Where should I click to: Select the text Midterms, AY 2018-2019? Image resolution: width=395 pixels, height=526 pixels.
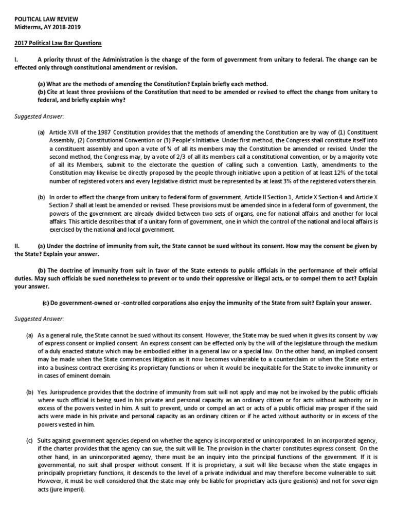[47, 27]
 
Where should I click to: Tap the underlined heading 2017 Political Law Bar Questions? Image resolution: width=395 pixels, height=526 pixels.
[57, 43]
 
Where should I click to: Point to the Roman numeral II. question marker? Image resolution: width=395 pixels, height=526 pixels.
[17, 246]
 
